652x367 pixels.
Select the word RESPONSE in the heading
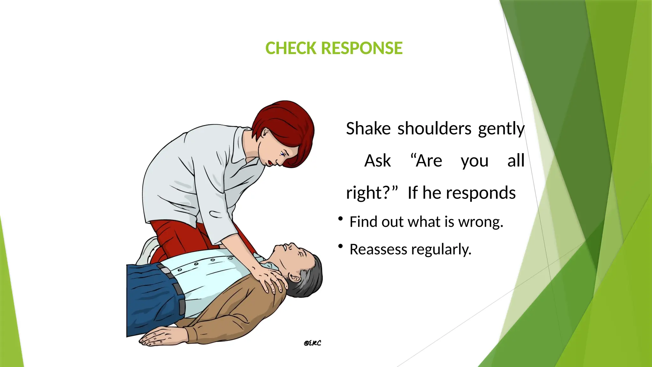362,48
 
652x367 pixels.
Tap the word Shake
368,129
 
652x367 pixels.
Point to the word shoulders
434,129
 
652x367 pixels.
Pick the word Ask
378,161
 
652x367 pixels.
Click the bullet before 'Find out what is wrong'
340,219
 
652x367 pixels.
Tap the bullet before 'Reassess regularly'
340,246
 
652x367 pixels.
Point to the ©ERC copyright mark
312,343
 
